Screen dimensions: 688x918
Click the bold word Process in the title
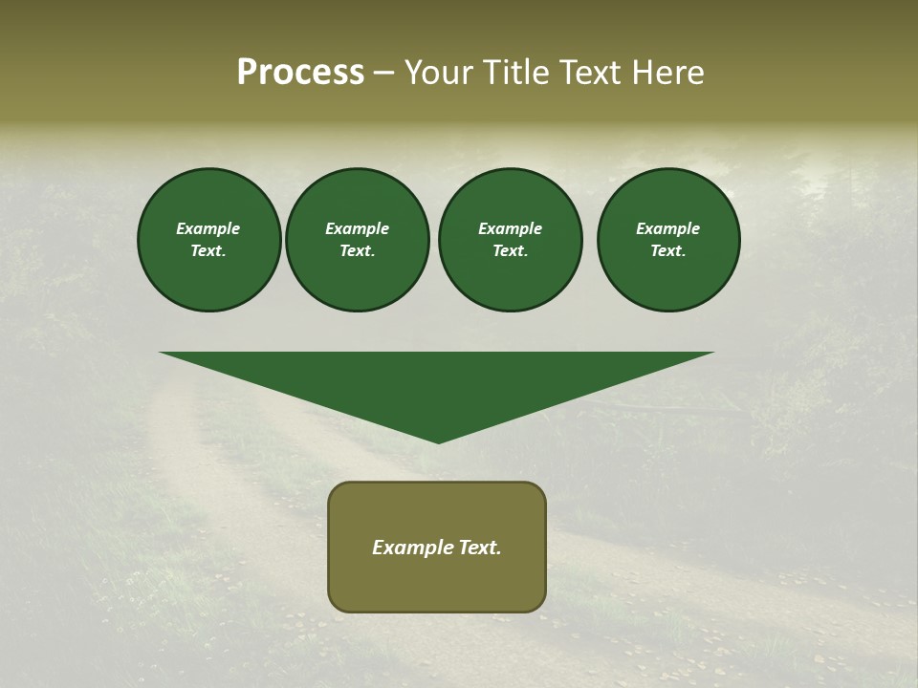tap(300, 73)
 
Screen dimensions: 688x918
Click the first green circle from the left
tap(208, 240)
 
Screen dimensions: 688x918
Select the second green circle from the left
tap(357, 240)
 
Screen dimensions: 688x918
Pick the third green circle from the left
tap(510, 240)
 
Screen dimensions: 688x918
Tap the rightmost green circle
tap(668, 240)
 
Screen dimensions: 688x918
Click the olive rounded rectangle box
tap(437, 547)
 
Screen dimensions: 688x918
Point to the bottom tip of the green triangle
tap(438, 441)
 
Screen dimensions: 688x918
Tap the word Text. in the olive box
tap(479, 548)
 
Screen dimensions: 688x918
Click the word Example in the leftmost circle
tap(208, 228)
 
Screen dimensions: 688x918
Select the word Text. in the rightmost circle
tap(668, 251)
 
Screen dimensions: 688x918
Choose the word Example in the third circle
tap(510, 228)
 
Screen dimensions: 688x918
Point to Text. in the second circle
tap(357, 251)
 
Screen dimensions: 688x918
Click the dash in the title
tap(384, 73)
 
